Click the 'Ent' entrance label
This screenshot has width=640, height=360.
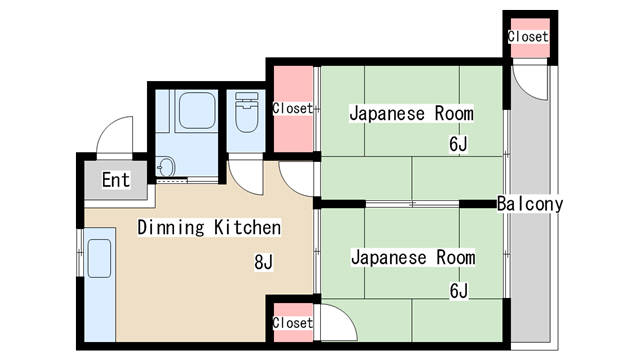[116, 180]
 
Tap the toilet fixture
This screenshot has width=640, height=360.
[245, 117]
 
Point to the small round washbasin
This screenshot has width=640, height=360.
[166, 165]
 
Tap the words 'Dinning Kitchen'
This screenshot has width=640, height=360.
[209, 228]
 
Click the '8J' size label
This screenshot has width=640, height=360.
[264, 263]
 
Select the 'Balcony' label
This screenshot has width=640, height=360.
[530, 204]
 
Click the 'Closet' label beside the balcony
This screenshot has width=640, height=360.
[528, 36]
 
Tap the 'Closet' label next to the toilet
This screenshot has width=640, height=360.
[293, 108]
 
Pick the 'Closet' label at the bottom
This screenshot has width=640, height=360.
[293, 323]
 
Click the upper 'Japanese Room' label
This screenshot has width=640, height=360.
[411, 113]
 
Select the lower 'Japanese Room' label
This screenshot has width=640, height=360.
[412, 258]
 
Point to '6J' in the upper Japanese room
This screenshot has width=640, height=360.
[458, 145]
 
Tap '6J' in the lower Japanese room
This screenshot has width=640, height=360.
[459, 291]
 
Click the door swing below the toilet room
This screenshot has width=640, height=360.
[243, 172]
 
